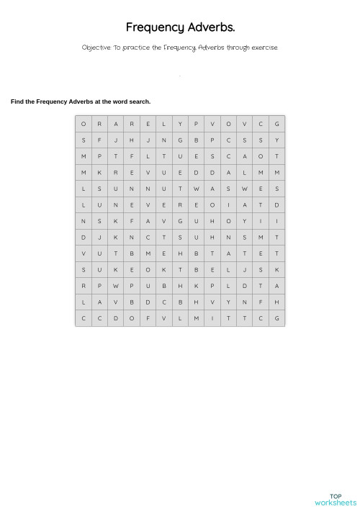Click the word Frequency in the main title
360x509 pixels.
(x=155, y=28)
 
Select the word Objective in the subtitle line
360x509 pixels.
(x=96, y=48)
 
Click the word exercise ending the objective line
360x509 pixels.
(x=264, y=48)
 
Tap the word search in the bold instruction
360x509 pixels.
(x=140, y=102)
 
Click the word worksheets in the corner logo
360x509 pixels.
(x=336, y=503)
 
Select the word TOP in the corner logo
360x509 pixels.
(x=336, y=496)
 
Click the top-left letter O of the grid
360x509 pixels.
(x=84, y=124)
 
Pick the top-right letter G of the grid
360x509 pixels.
(x=276, y=124)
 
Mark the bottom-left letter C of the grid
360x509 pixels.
(x=84, y=318)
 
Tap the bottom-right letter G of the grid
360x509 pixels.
(x=276, y=318)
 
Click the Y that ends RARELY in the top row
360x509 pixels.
(x=180, y=124)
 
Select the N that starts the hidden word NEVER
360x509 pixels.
(x=116, y=205)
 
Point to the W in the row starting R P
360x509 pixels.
(x=116, y=286)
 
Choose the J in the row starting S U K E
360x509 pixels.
(x=245, y=270)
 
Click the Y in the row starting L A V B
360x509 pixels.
(x=228, y=302)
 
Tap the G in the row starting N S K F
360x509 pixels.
(x=180, y=221)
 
